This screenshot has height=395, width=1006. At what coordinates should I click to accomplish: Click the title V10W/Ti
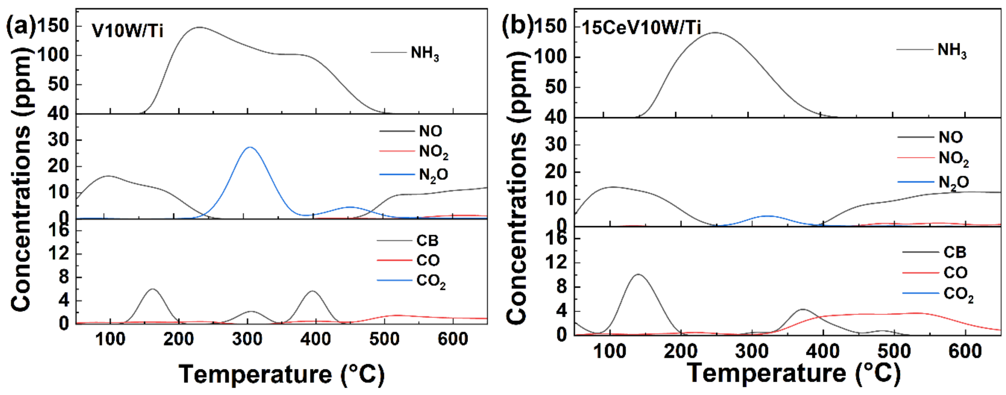tap(127, 30)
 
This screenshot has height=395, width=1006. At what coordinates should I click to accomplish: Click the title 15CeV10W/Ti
tap(641, 27)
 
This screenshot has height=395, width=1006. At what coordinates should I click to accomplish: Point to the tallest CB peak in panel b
tap(638, 275)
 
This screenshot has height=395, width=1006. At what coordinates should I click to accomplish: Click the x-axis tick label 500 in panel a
tap(384, 339)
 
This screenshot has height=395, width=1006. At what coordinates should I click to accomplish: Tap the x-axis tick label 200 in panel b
tap(681, 352)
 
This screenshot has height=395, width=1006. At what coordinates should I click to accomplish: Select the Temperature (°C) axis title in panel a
tap(281, 374)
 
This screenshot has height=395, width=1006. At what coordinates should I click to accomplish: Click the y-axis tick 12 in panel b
tap(557, 262)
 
